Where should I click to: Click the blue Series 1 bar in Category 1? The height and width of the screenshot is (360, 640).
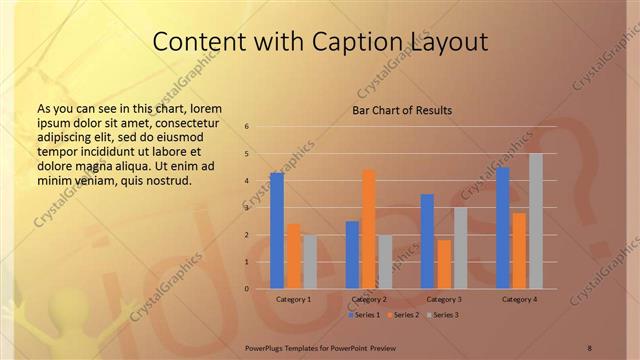coord(277,230)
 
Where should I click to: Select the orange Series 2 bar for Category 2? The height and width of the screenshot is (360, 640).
coord(369,229)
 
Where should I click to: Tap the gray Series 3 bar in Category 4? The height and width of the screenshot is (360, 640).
coord(536,221)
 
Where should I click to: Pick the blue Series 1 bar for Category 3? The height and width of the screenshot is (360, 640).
coord(427,241)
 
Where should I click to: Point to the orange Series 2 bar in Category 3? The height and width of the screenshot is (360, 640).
coord(444,264)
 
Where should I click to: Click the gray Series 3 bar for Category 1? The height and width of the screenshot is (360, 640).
coord(310,262)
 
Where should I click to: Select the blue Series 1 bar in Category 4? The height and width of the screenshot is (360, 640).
coord(503,228)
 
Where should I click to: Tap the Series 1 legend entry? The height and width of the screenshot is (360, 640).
coord(364,315)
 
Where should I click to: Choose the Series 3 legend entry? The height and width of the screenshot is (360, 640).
coord(442,315)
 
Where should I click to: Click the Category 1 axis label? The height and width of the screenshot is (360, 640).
coord(293,299)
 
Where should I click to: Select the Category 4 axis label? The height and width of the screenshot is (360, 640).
coord(519,299)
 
